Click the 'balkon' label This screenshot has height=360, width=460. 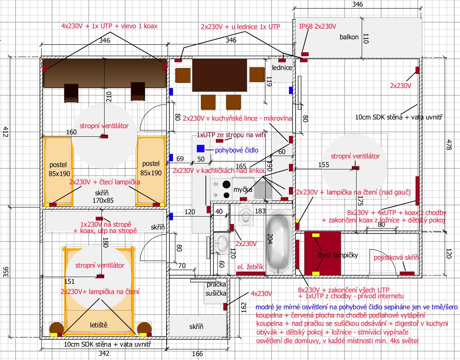point(349,37)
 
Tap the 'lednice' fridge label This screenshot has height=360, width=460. point(282,68)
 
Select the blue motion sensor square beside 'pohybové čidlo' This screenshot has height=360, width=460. point(201,149)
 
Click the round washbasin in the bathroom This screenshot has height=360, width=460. point(221,243)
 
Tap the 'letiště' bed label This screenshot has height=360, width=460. point(99,325)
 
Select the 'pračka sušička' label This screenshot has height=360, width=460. point(216,289)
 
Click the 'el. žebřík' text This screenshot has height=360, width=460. point(250,267)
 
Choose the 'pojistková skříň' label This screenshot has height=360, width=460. point(396,258)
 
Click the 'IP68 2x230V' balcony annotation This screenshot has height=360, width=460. point(317,26)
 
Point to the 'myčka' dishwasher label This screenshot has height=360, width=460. point(243,190)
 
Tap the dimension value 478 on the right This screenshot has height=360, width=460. point(449,145)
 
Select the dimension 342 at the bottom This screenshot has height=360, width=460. point(104,353)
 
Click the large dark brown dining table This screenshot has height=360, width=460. point(219,75)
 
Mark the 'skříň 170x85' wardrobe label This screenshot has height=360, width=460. point(103,197)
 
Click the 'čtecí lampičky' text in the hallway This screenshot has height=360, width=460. point(338,255)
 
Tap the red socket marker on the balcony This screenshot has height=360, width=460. point(305,54)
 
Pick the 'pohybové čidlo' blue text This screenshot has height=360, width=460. point(236,151)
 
